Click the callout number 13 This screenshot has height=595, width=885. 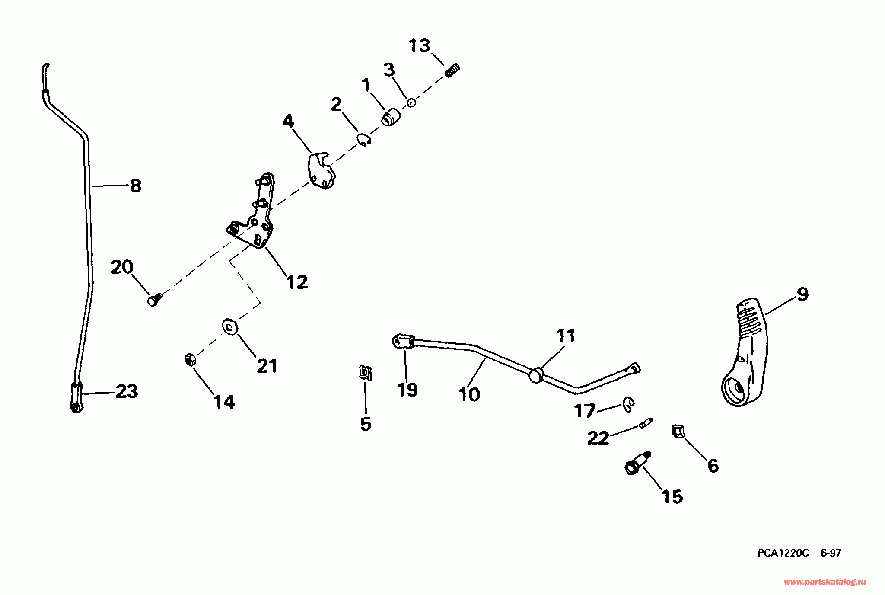(419, 46)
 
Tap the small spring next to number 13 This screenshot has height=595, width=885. (452, 70)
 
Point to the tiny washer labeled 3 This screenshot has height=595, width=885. (411, 103)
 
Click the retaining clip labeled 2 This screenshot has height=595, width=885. (364, 140)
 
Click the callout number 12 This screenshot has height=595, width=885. (297, 282)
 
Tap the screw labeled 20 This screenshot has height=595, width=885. (154, 299)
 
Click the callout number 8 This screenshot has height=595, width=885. (135, 186)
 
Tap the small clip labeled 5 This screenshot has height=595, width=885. (365, 372)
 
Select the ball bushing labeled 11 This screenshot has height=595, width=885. (536, 375)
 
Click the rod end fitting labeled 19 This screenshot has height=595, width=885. (403, 342)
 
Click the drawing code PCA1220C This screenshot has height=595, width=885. (783, 553)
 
